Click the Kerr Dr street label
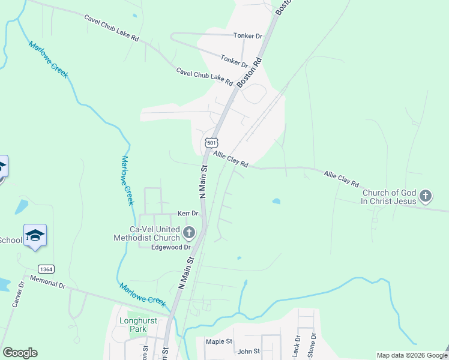[188, 214]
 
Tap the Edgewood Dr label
[170, 247]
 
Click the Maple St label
[218, 341]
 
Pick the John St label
[249, 351]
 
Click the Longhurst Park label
[137, 325]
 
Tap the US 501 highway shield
[211, 142]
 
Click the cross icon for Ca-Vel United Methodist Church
[189, 233]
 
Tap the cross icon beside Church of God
[425, 196]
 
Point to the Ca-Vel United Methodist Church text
[146, 233]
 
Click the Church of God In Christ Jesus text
[388, 197]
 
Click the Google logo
[20, 353]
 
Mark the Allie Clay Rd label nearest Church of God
[341, 178]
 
